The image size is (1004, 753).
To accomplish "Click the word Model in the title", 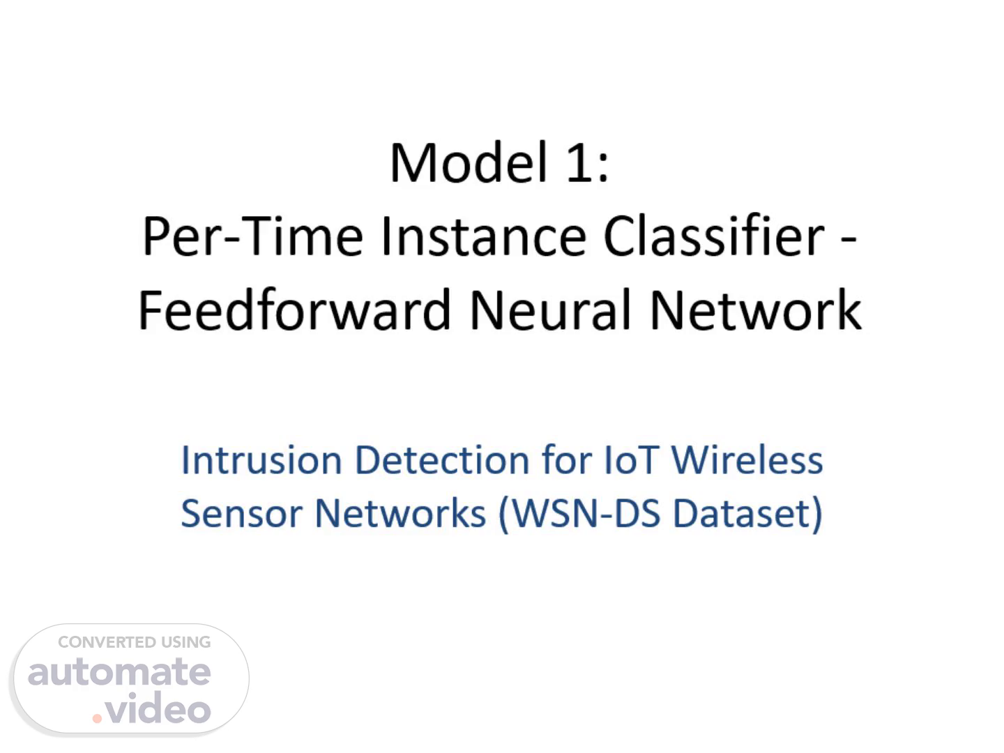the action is pos(469,162).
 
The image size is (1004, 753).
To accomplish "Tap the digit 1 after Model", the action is pos(579,163).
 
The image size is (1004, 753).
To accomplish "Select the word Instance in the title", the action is pos(483,236).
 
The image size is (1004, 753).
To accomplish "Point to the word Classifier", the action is pos(715,236).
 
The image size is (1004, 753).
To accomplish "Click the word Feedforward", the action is pos(294,309).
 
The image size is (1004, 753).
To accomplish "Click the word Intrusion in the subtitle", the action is pos(261,460).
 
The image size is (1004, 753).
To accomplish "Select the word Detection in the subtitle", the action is pos(442,460).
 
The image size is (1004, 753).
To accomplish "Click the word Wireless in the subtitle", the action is pos(747,460).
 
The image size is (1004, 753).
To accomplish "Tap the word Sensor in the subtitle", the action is pos(242,513).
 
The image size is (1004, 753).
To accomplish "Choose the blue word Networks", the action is pos(401,513).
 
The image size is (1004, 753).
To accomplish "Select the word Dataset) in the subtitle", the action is pos(748,514).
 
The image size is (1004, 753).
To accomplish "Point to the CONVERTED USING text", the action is pos(135,642).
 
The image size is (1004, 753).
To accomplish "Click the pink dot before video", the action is pos(97,718).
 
